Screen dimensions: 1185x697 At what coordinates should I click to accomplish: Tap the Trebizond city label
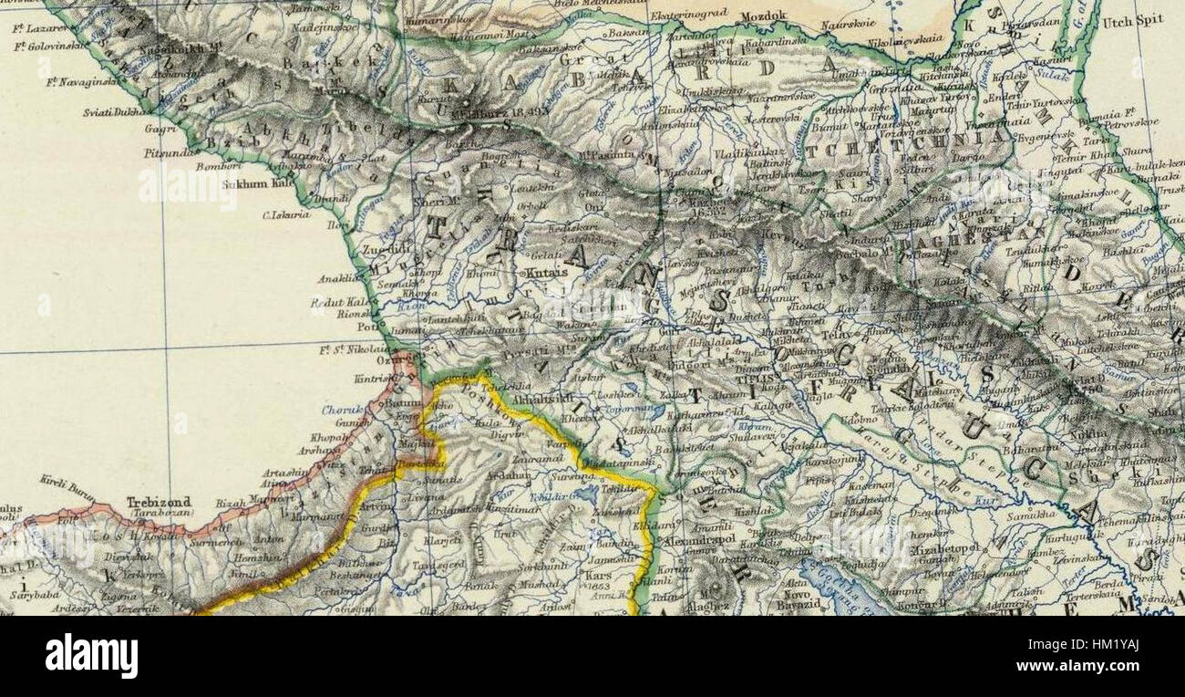133,502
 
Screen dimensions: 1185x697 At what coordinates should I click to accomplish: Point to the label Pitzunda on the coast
169,153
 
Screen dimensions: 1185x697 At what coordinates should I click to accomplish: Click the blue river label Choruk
342,411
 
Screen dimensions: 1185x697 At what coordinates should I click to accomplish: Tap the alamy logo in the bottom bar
91,655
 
